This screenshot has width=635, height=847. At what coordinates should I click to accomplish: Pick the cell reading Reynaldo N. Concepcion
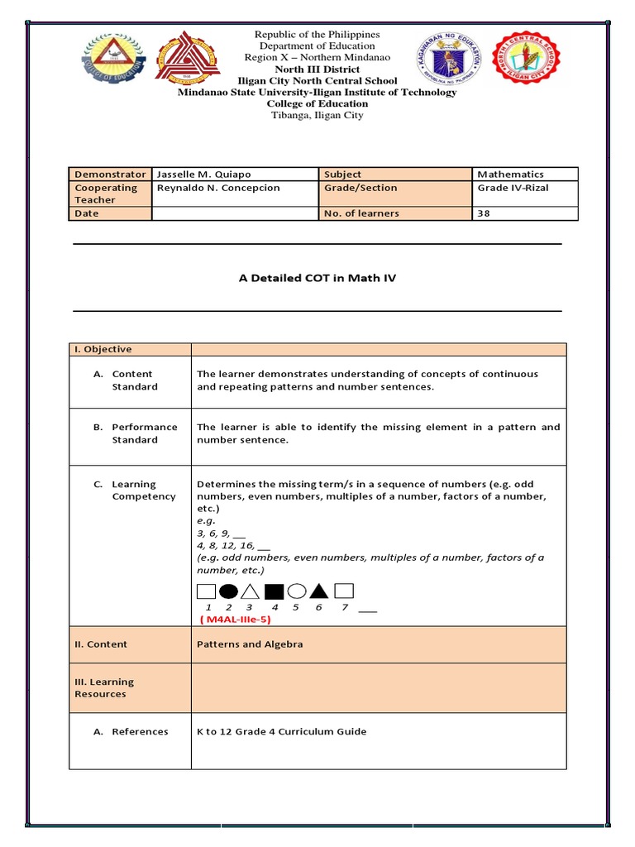tap(218, 188)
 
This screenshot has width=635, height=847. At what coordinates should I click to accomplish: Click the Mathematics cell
tap(510, 175)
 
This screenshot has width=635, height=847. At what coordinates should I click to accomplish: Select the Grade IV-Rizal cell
tap(513, 188)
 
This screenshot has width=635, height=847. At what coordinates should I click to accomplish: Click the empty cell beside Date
tap(235, 213)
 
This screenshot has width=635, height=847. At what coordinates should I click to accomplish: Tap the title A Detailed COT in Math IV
tap(317, 278)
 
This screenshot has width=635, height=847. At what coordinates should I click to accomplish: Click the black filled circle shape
tap(229, 591)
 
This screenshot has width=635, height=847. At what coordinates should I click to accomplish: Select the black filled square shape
tap(275, 591)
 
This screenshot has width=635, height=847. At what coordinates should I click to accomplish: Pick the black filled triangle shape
tap(320, 591)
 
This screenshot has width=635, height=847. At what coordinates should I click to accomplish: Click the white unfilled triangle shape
tap(251, 591)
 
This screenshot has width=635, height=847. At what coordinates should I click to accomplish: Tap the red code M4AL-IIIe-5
tap(236, 619)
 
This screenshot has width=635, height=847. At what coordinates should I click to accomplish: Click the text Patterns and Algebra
tap(250, 644)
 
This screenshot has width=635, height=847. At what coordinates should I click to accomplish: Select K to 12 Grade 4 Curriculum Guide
tap(281, 731)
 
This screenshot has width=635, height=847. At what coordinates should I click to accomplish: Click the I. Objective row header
tap(103, 349)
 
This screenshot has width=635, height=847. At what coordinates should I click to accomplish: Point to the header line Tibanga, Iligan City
tap(317, 116)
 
